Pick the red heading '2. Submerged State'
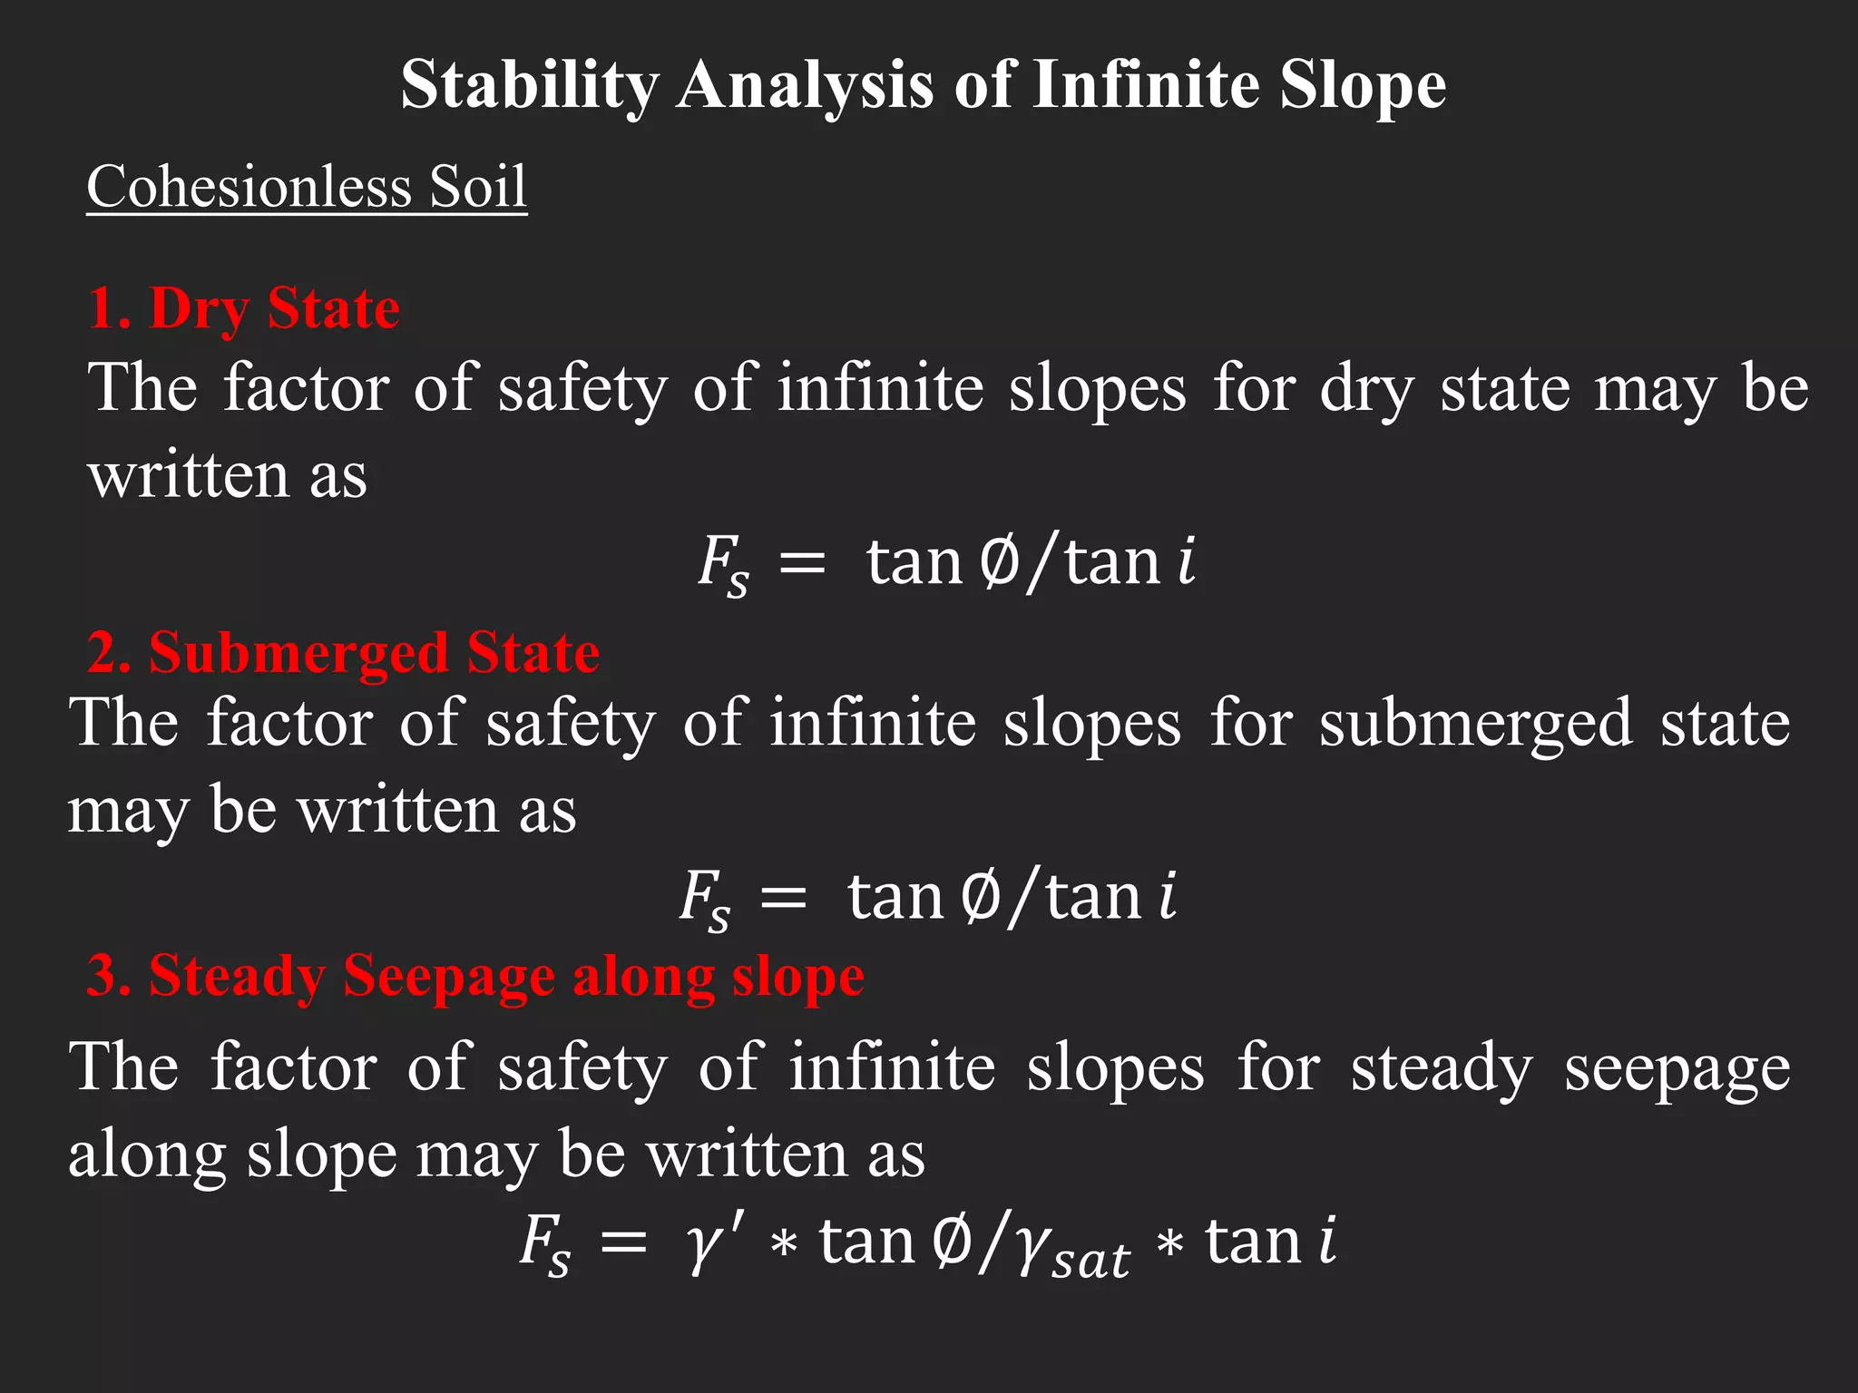tap(343, 652)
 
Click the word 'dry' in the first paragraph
tap(1366, 389)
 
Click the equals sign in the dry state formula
tap(803, 564)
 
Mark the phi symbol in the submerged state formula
tap(980, 897)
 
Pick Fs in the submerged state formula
tap(705, 898)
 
